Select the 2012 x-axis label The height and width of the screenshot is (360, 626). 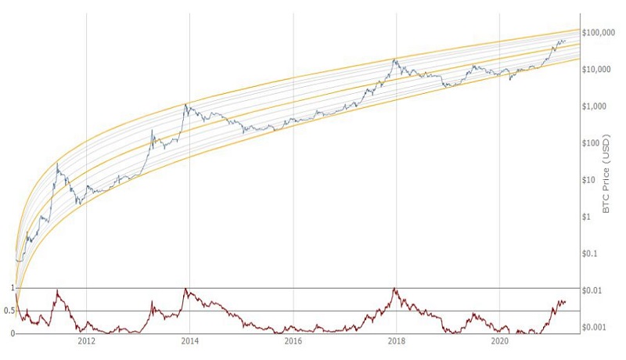(x=86, y=342)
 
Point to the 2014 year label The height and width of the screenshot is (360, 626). (x=189, y=342)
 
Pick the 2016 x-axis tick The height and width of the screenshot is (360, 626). (x=293, y=342)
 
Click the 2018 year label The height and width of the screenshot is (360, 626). (x=397, y=342)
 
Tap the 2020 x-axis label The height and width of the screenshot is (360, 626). (x=500, y=342)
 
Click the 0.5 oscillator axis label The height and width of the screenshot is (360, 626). (x=8, y=311)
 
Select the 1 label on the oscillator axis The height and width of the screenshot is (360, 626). (x=11, y=288)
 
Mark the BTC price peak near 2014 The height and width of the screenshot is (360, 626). (x=185, y=104)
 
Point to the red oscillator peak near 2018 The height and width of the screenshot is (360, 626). (x=394, y=290)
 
